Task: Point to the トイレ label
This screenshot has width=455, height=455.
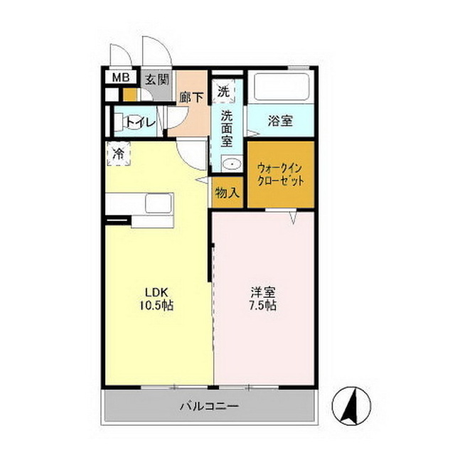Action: [x=141, y=123]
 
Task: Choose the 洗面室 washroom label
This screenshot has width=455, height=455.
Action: [x=226, y=127]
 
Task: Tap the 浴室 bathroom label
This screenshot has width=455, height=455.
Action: [x=280, y=120]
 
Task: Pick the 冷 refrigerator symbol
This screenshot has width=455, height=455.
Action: [x=118, y=154]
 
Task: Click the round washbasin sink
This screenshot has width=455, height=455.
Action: [x=229, y=164]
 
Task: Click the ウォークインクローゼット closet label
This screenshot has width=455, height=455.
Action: [x=280, y=174]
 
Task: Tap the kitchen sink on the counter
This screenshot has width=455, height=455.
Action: [x=158, y=203]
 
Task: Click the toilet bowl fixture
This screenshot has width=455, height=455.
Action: [x=122, y=122]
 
